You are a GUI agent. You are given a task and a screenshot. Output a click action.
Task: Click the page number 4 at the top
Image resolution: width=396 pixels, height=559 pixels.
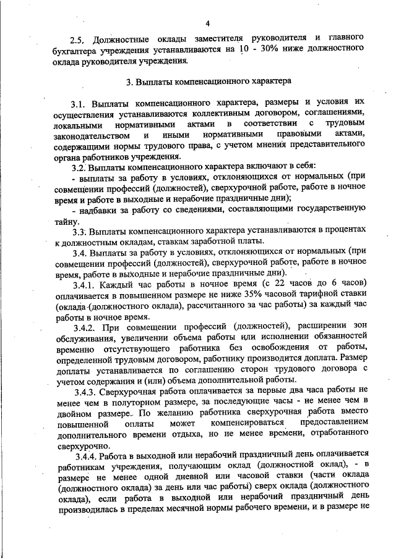click(x=208, y=23)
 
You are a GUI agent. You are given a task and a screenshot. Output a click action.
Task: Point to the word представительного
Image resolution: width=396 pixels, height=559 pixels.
click(x=329, y=146)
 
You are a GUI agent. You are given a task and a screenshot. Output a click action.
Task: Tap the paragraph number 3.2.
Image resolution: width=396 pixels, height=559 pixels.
click(x=78, y=167)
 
